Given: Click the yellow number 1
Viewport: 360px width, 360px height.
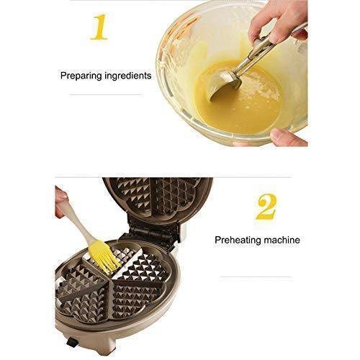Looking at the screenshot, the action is tap(99, 27).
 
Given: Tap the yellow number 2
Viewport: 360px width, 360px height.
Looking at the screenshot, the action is tap(266, 207).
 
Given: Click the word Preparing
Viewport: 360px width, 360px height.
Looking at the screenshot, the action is tap(81, 76).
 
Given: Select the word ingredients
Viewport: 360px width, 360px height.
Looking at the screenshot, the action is tap(128, 76).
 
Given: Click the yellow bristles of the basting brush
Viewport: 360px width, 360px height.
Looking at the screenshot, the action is tap(104, 258).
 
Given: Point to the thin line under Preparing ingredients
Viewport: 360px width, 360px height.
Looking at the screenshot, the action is tap(106, 95).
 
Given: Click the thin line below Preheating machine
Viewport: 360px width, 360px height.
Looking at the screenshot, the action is tap(256, 276).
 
